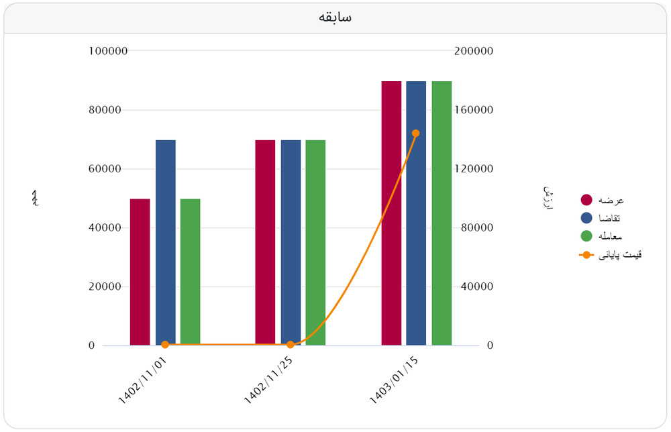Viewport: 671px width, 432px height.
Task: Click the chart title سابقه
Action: click(335, 17)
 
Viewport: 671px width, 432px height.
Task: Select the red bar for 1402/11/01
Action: click(140, 272)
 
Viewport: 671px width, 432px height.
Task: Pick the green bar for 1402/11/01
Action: click(191, 272)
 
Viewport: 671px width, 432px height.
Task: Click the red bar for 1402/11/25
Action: click(265, 242)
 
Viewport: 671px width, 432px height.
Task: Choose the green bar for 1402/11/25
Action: click(315, 242)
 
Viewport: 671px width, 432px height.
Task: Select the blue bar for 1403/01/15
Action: click(416, 213)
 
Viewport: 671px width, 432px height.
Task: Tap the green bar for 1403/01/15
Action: click(442, 213)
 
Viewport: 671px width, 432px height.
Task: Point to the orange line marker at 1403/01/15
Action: click(416, 133)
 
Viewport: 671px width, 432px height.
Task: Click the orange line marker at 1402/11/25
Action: click(291, 345)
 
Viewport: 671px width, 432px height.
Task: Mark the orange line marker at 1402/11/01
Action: click(165, 345)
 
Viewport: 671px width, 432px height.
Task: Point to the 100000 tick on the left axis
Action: click(108, 51)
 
